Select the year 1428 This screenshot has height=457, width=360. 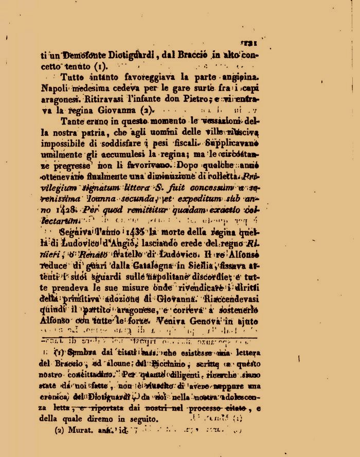(65, 210)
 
